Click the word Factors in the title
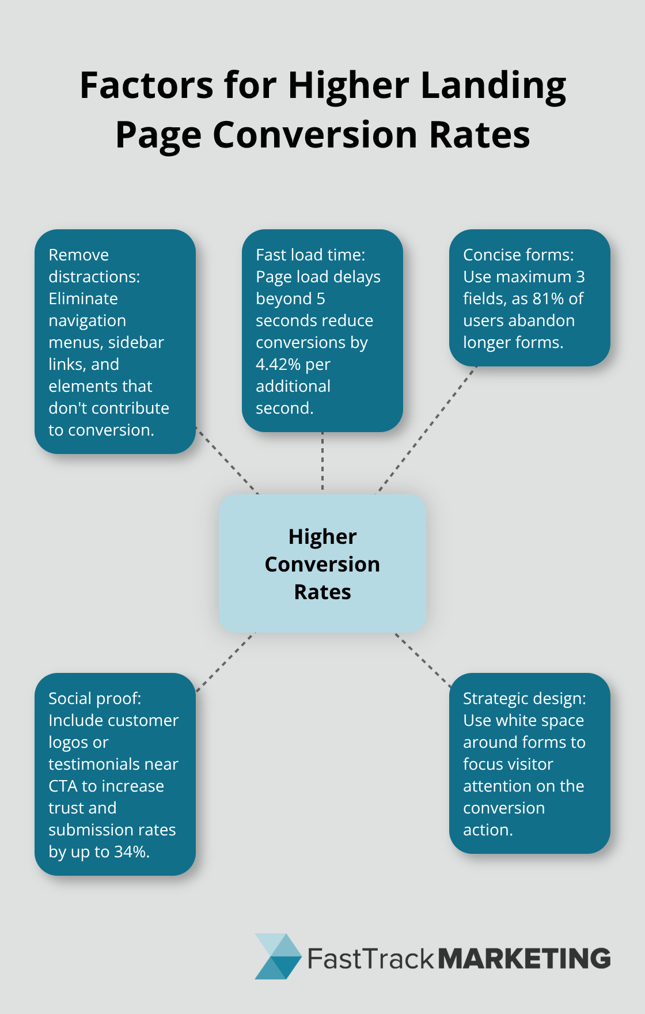click(146, 85)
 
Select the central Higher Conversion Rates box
click(322, 563)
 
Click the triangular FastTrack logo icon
click(278, 956)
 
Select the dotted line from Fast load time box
click(322, 462)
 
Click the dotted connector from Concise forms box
click(427, 429)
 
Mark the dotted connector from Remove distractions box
click(227, 460)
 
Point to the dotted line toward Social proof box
click(225, 661)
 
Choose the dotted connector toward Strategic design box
click(423, 660)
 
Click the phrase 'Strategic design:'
click(524, 699)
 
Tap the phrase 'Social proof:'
click(94, 699)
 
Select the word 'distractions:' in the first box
click(94, 277)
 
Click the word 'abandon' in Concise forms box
click(546, 321)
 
